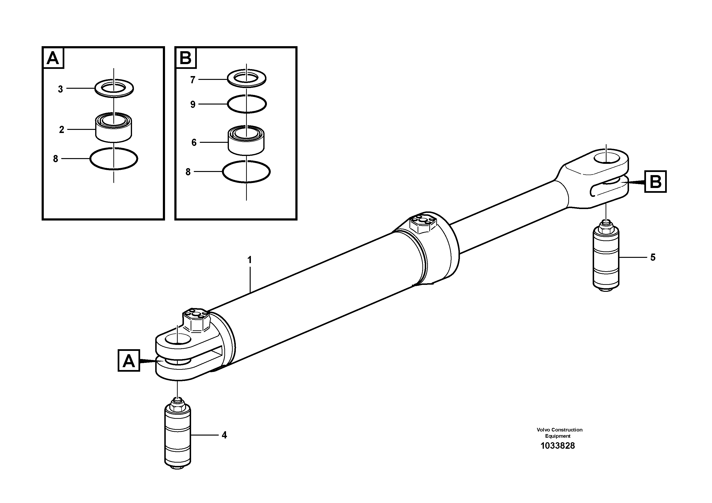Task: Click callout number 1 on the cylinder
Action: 249,260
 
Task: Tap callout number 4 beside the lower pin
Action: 224,435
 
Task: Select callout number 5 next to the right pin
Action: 652,257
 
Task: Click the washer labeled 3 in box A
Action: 114,88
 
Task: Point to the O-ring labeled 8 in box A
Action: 114,159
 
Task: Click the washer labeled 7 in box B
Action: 247,78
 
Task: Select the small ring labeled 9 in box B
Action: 247,104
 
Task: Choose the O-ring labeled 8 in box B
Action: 246,171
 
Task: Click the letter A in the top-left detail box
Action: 53,58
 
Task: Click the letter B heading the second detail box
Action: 185,58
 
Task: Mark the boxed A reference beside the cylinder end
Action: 129,361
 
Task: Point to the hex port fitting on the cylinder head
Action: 423,224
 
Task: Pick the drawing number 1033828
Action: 557,446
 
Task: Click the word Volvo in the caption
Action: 543,430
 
